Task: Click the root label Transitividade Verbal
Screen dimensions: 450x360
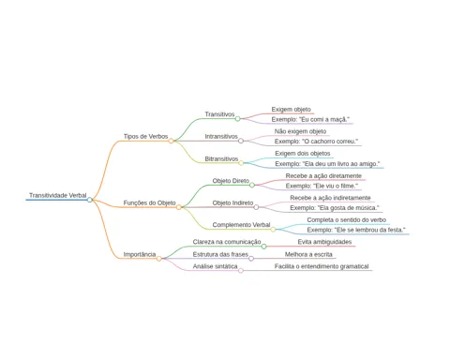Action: [x=58, y=195]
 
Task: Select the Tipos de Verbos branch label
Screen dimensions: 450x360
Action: [x=145, y=137]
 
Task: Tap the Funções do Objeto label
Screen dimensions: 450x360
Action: [x=149, y=202]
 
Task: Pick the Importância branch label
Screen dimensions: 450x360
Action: [x=140, y=254]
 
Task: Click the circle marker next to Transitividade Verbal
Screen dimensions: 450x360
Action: [x=90, y=200]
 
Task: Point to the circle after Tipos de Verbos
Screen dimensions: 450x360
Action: [x=171, y=141]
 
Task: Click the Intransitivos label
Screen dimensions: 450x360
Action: [x=221, y=137]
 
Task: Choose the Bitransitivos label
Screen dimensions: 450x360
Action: [x=221, y=158]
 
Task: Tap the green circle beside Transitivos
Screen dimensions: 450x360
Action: [x=237, y=119]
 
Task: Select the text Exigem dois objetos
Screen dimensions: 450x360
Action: [x=303, y=154]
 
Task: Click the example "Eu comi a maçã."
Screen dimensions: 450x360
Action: [x=310, y=119]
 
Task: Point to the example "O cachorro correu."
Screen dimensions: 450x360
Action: [x=316, y=142]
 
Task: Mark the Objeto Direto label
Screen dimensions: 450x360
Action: [x=231, y=181]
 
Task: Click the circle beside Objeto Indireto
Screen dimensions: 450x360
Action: [x=256, y=207]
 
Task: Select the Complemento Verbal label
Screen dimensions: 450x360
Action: [x=241, y=225]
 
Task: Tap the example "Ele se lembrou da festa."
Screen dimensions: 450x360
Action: [x=356, y=230]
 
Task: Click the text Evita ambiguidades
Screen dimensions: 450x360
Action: [x=324, y=242]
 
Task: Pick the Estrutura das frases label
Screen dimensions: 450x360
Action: [x=220, y=254]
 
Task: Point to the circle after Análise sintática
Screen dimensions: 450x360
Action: [x=241, y=271]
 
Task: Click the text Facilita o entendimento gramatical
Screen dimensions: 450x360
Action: [x=322, y=266]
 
